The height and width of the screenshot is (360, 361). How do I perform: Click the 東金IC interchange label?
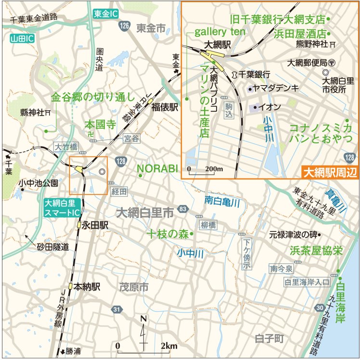(x=105, y=14)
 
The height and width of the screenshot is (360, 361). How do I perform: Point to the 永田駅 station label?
(x=94, y=225)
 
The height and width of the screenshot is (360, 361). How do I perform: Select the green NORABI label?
(x=157, y=168)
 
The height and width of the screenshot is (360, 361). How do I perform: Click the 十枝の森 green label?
(x=168, y=234)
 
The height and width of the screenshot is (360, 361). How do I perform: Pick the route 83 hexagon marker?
(x=182, y=209)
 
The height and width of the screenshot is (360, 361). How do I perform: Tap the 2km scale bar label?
(x=169, y=346)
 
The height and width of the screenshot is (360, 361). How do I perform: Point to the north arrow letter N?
(x=143, y=319)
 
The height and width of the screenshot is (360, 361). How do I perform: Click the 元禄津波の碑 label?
(x=293, y=235)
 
